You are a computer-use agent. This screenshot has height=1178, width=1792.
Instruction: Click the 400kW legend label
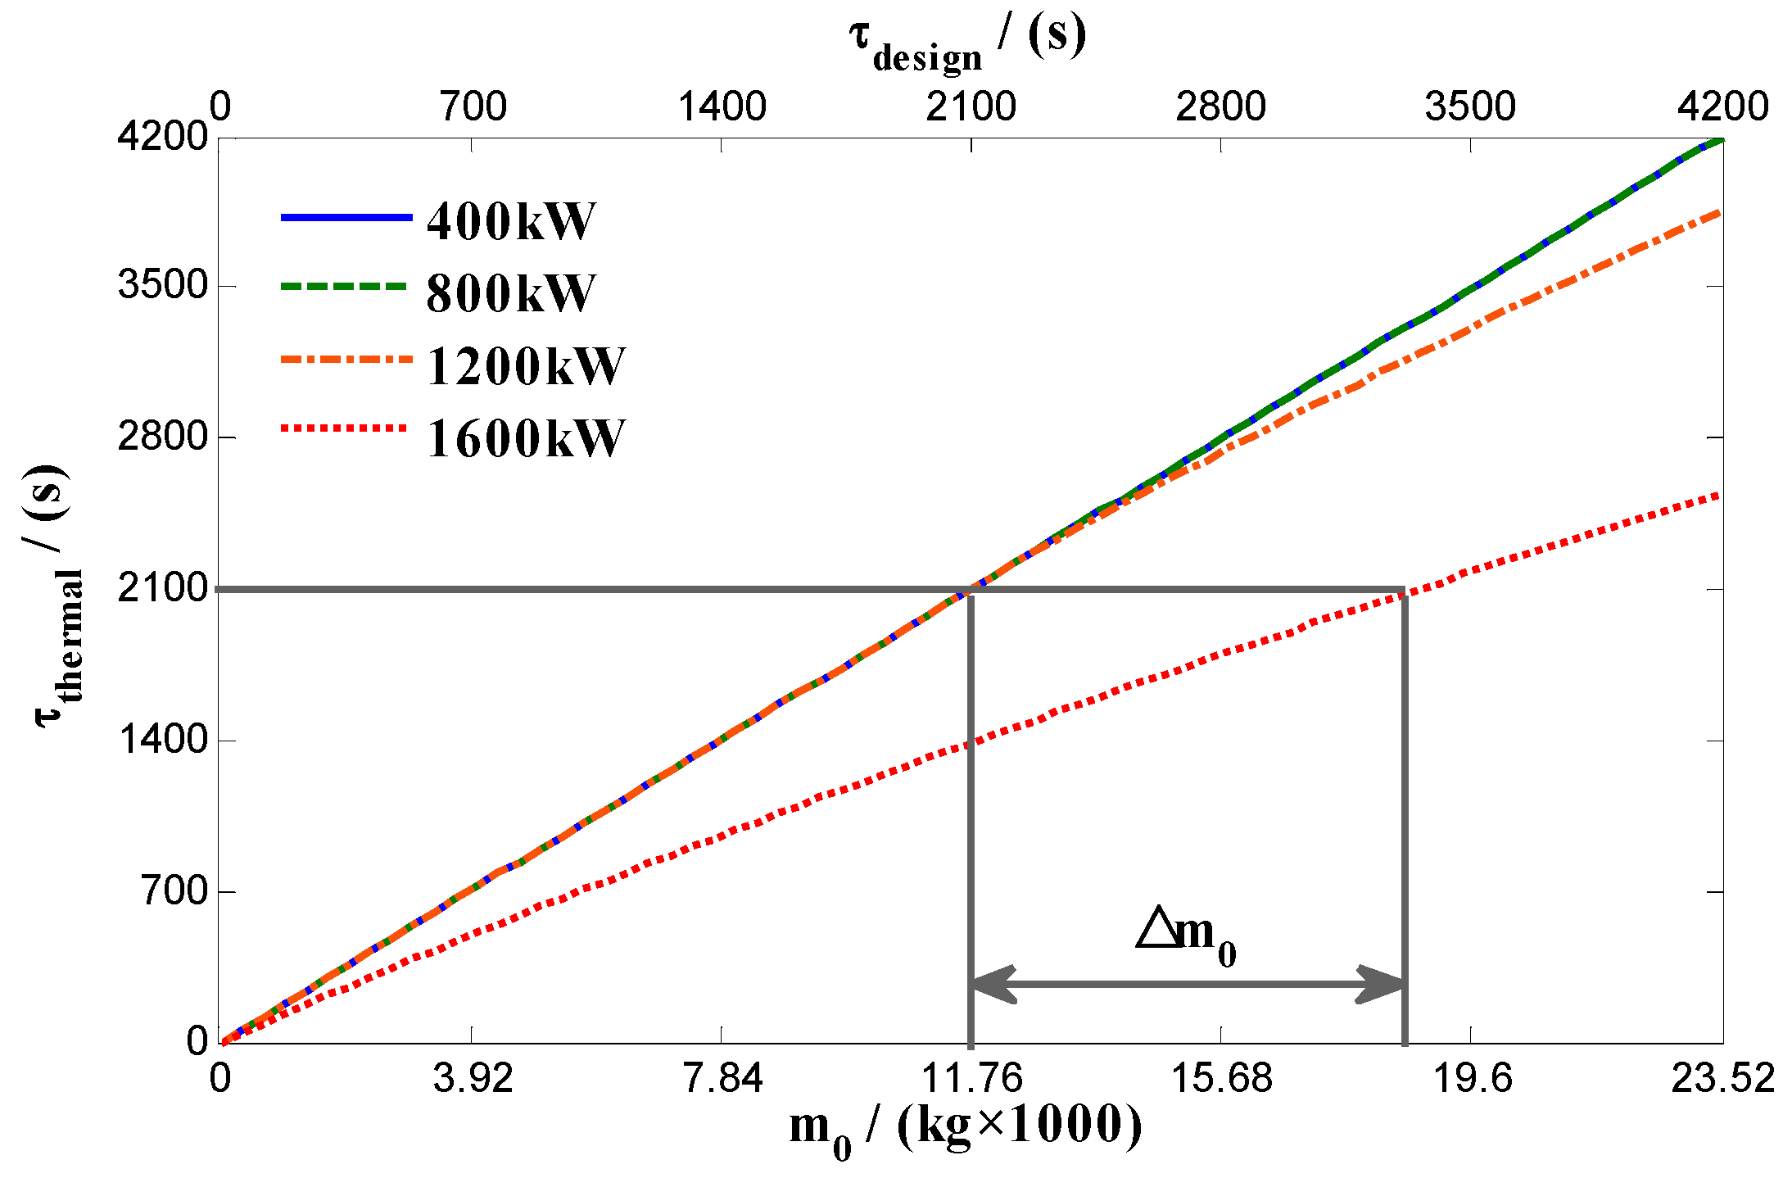511,221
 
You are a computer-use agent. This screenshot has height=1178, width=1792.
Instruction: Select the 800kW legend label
511,292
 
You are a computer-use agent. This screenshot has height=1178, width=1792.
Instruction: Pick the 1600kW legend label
525,437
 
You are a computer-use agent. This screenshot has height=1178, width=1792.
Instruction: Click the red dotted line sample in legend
344,428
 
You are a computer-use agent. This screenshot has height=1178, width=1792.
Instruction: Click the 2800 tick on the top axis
1220,106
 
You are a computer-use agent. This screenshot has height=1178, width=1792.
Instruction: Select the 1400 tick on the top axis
722,106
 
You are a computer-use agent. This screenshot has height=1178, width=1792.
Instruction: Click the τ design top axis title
966,41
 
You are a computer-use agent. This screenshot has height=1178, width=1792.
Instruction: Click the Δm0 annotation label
1186,936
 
